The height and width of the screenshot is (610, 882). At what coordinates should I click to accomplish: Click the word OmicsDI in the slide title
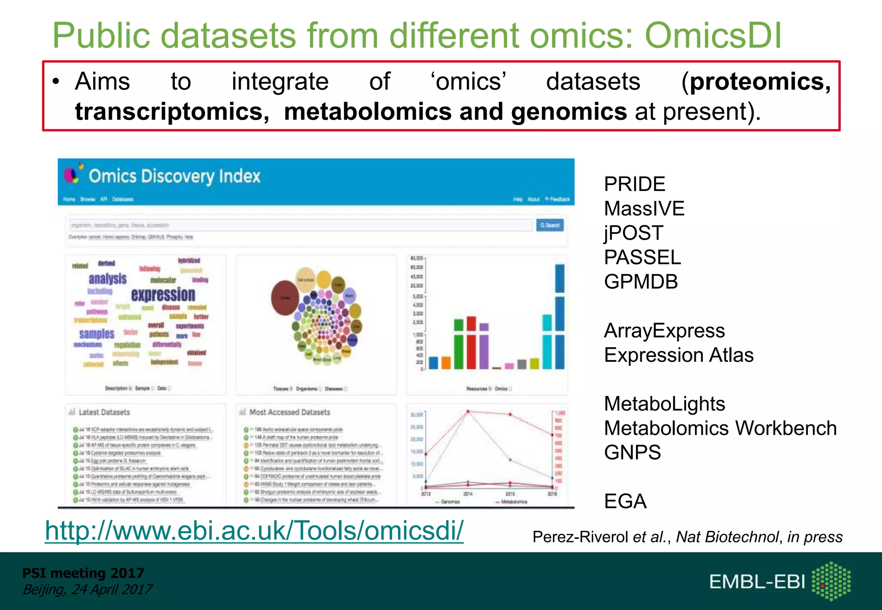(x=713, y=36)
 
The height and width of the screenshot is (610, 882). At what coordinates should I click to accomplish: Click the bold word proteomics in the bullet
(x=760, y=82)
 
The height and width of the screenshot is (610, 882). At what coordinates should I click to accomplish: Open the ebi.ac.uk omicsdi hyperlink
(x=254, y=530)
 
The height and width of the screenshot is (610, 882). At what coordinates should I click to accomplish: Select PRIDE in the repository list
(x=634, y=185)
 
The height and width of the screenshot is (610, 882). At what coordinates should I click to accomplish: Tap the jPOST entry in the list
(x=633, y=233)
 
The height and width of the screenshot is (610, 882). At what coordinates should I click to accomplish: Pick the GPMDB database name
(x=641, y=282)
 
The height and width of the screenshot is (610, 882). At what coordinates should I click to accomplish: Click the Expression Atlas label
(x=679, y=355)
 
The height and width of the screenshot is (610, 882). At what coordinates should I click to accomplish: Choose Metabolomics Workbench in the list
(x=720, y=428)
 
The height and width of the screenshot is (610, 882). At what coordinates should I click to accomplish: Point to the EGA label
(x=625, y=502)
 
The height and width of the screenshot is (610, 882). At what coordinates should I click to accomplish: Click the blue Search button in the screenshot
(x=550, y=225)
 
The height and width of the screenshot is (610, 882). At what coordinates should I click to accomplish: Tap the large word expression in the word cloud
(x=163, y=295)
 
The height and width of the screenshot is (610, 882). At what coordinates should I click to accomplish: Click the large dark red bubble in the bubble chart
(x=285, y=298)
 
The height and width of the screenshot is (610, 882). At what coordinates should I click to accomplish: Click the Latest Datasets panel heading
(x=104, y=412)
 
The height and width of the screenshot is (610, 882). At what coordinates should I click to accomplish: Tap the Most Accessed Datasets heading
(x=289, y=412)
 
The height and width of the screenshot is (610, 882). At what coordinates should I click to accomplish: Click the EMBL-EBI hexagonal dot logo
(x=831, y=581)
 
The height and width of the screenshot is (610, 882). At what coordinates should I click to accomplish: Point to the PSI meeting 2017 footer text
(x=83, y=573)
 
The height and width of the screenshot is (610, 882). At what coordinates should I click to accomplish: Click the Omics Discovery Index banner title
(x=174, y=176)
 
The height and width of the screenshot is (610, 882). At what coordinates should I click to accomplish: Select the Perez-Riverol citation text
(x=687, y=537)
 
